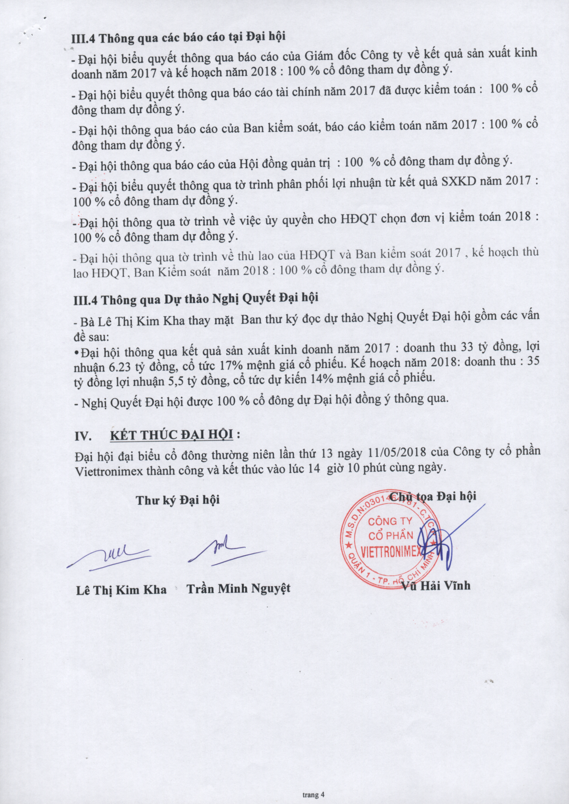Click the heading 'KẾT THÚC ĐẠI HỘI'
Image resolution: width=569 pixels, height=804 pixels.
(x=172, y=435)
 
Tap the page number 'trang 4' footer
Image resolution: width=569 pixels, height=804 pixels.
(x=313, y=794)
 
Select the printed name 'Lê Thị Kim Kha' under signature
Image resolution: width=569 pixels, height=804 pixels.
(x=121, y=590)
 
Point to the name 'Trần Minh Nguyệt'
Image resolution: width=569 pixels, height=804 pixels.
(x=239, y=589)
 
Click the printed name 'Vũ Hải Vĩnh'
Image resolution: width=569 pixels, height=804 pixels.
(x=436, y=586)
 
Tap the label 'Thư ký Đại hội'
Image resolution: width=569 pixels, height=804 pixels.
(x=178, y=500)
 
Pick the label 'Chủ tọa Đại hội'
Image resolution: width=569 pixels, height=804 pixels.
(x=433, y=496)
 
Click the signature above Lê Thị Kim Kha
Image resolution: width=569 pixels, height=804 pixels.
(x=110, y=555)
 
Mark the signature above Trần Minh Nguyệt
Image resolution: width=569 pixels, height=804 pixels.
(x=224, y=550)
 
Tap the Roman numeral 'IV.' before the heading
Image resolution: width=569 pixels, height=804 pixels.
(x=84, y=436)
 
